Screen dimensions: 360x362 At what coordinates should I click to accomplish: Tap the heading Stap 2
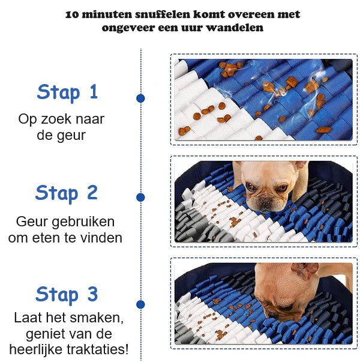[67, 193]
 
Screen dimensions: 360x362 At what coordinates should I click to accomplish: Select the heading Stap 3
[67, 295]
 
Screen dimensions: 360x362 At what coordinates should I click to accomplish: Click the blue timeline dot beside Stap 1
[140, 98]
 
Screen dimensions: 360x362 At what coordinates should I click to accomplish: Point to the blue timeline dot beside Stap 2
[140, 198]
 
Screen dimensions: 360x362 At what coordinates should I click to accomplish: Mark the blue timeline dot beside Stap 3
[140, 304]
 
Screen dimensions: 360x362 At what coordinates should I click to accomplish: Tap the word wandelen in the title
[235, 28]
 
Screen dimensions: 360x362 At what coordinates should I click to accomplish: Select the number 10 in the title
[72, 15]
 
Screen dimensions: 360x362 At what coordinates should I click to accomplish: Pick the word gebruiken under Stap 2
[83, 222]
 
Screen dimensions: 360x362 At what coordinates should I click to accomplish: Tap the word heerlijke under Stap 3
[37, 349]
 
